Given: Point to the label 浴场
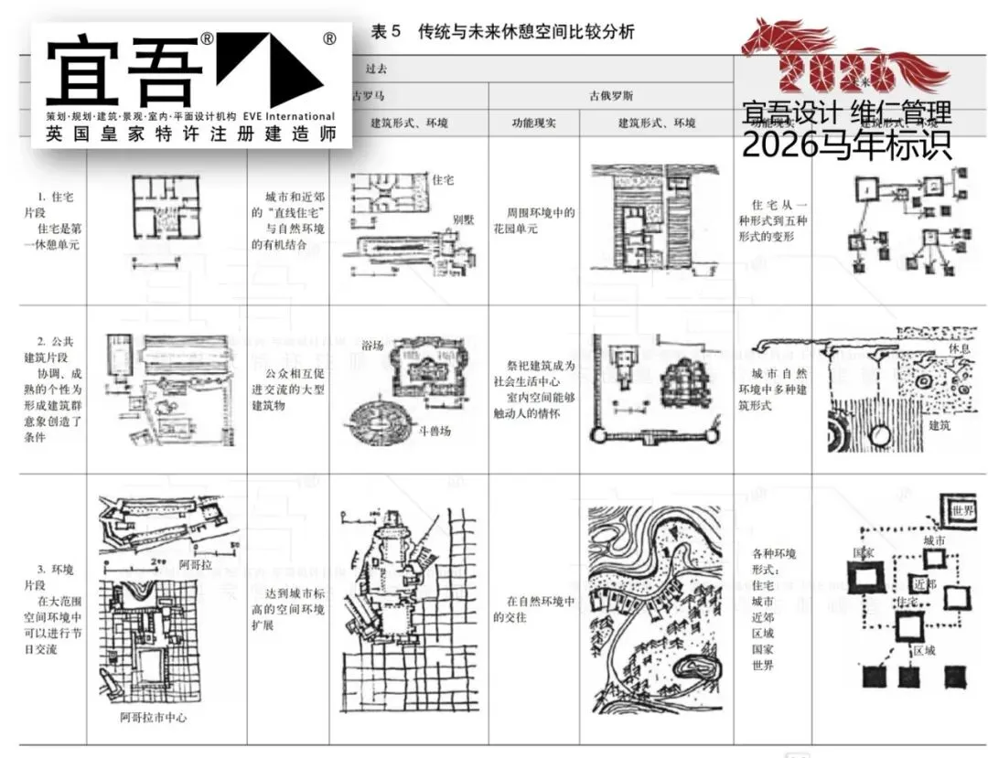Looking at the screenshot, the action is (372, 347).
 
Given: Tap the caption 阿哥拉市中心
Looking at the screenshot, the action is (155, 718).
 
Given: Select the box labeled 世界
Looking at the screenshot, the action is (961, 509).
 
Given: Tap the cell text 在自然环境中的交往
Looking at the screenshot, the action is (541, 609).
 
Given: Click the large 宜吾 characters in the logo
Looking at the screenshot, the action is (123, 71).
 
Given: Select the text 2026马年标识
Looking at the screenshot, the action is (846, 144).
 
